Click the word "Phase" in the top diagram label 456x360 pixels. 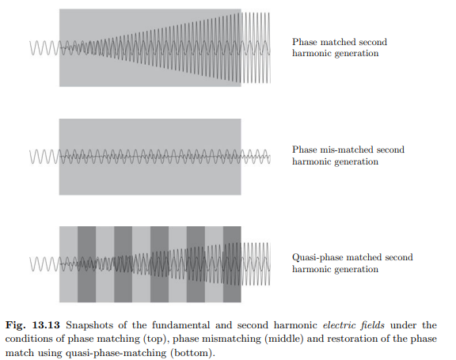304,42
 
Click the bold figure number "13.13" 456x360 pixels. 46,325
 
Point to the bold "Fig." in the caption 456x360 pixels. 16,325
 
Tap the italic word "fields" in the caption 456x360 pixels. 373,325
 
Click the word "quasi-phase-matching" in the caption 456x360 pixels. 116,354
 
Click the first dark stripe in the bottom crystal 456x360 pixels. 86,264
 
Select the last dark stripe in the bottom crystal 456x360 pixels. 232,264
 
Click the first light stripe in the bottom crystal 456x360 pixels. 69,264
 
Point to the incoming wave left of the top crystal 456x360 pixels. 44,48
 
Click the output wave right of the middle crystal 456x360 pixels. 256,157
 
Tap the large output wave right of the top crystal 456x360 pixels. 256,47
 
